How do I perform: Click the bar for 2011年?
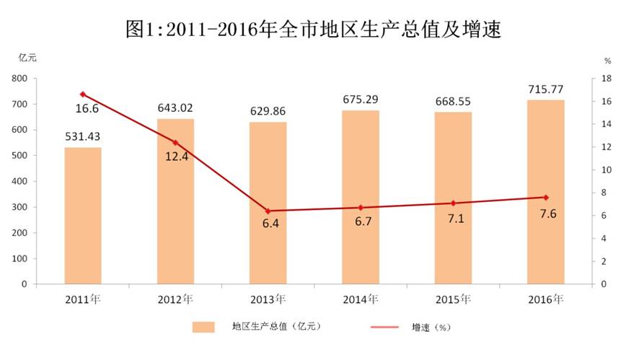tap(83, 216)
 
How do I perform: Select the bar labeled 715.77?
tap(546, 192)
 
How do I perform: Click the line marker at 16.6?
tap(83, 95)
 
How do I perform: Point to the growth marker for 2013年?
tap(268, 211)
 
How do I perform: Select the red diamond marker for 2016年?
tap(546, 198)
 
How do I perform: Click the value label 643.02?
tap(175, 108)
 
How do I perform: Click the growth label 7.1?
tap(453, 219)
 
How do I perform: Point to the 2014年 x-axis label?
tap(361, 298)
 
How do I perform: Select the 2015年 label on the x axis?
tap(453, 298)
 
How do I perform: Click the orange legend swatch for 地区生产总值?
tap(204, 327)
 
